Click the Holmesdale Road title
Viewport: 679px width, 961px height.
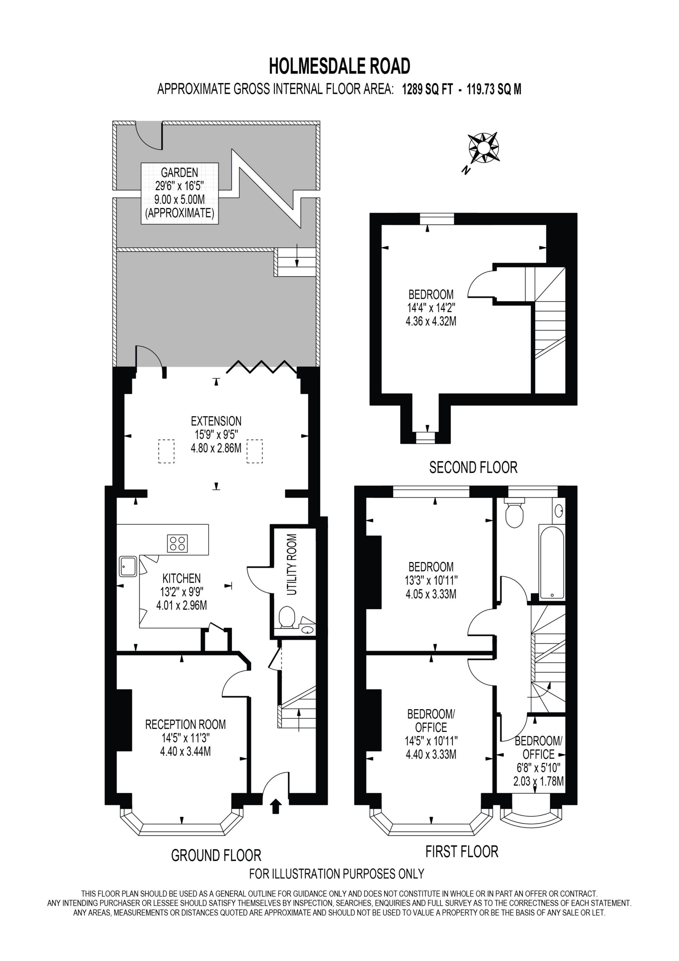pyautogui.click(x=339, y=66)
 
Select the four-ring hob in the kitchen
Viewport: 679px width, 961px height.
pyautogui.click(x=177, y=544)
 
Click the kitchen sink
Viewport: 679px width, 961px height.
pyautogui.click(x=128, y=566)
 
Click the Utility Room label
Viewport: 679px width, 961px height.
pyautogui.click(x=292, y=565)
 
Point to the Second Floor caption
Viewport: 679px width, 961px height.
pyautogui.click(x=473, y=467)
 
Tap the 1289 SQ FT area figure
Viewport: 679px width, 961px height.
pyautogui.click(x=427, y=89)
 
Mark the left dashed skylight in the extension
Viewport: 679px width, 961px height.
pyautogui.click(x=166, y=451)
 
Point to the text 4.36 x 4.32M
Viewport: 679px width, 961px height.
pyautogui.click(x=431, y=321)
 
